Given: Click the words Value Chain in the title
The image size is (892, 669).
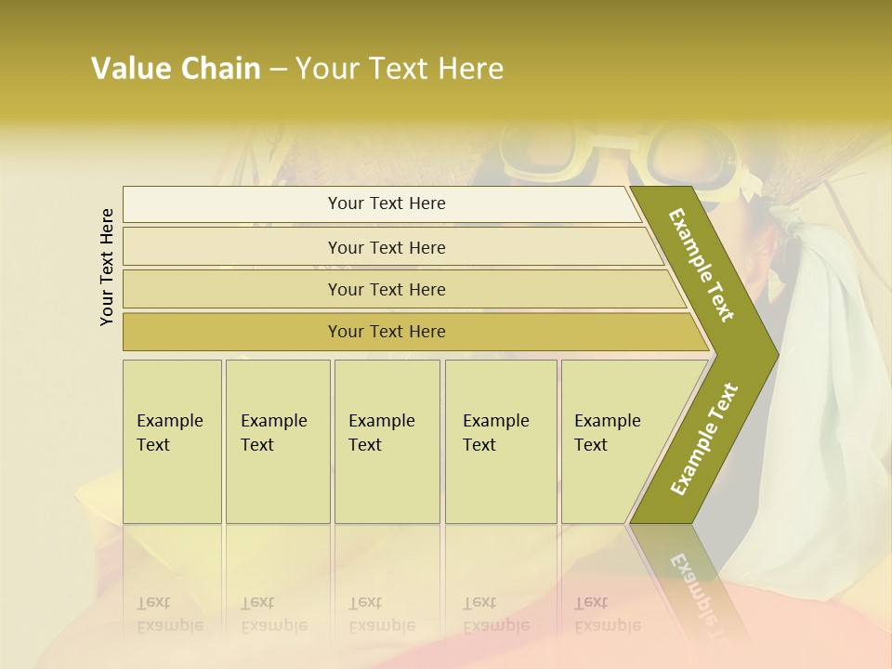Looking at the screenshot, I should [176, 69].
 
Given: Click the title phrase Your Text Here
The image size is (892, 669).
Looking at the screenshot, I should [400, 69].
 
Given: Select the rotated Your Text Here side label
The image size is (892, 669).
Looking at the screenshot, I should [107, 267].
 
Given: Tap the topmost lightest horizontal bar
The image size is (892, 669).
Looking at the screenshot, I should [387, 203].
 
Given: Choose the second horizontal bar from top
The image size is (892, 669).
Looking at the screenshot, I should [387, 247].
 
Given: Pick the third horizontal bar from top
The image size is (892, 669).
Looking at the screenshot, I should [387, 289].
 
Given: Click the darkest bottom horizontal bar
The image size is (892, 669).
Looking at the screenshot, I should [387, 332].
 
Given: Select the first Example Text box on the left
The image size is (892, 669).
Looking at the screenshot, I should [172, 441].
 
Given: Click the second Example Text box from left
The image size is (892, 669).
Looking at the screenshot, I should [277, 441].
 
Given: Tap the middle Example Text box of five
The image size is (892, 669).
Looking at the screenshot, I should [387, 441].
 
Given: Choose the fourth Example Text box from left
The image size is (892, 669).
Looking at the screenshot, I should [500, 441].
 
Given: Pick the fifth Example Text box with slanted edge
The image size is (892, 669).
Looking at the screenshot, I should [609, 441].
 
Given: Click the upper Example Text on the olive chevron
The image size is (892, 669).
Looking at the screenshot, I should [702, 265].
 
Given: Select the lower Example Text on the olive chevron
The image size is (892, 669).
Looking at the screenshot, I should [703, 439].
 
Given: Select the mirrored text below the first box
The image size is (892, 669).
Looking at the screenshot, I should [170, 614].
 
